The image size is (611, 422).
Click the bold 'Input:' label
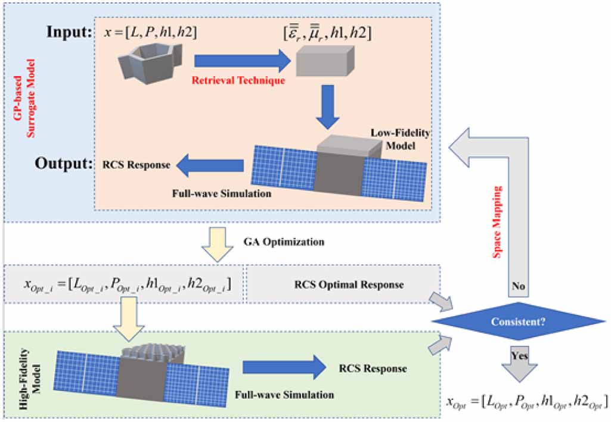click(69, 31)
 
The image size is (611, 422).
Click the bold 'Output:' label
click(61, 162)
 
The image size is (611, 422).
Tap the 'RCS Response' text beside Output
click(136, 165)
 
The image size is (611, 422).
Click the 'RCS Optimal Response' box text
click(349, 285)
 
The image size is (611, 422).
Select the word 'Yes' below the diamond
click(517, 356)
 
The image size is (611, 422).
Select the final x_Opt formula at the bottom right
click(527, 401)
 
